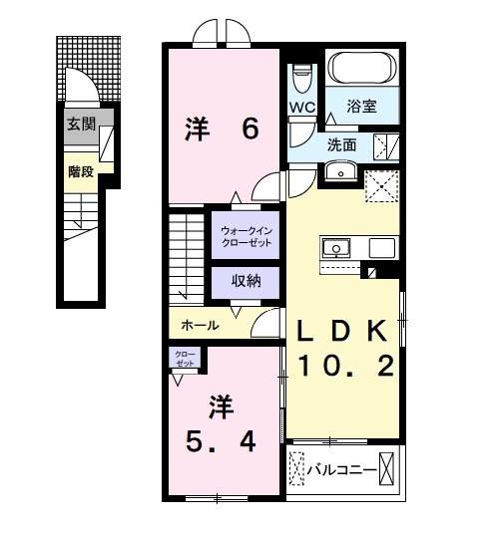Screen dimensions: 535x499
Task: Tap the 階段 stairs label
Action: tap(81, 170)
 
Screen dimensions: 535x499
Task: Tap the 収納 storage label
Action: tap(246, 281)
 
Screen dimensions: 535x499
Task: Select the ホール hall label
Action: tap(201, 325)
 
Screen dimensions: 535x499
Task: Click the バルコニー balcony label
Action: tap(342, 467)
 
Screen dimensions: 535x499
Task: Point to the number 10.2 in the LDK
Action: tap(343, 366)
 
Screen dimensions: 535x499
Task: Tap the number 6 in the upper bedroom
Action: tap(249, 129)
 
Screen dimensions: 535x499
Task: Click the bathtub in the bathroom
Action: tap(363, 70)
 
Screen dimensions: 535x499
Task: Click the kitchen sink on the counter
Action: tap(335, 246)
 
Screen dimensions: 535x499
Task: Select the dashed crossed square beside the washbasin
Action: tap(382, 186)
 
